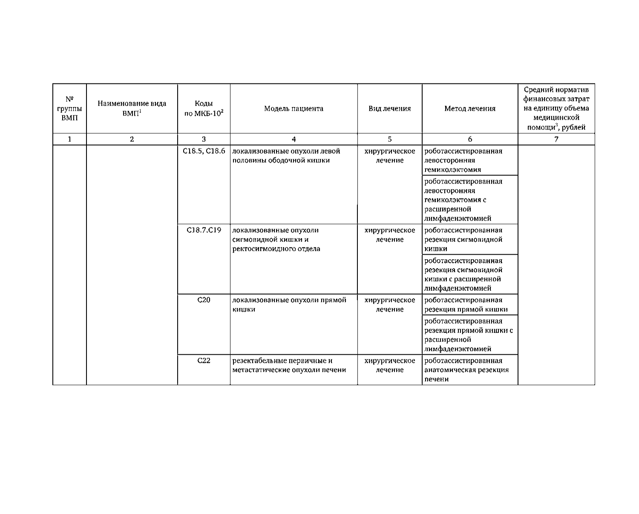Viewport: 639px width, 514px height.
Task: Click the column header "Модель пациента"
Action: point(294,109)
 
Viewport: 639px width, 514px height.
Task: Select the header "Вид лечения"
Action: point(389,109)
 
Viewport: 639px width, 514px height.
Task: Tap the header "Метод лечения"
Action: point(470,109)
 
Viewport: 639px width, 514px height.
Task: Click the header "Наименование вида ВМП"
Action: point(132,109)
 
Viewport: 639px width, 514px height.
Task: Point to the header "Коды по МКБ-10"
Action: point(204,109)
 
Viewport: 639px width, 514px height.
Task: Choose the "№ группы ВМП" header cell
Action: point(69,109)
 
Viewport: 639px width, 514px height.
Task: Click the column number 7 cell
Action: point(556,139)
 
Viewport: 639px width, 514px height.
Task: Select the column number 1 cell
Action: point(69,139)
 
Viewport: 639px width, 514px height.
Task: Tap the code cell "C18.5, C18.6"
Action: point(204,151)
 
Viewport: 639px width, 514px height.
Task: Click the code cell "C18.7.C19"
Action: point(204,230)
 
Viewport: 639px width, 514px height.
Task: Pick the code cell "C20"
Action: point(204,300)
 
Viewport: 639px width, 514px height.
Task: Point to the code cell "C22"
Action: point(204,361)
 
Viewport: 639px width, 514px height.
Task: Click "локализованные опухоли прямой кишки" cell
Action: point(289,305)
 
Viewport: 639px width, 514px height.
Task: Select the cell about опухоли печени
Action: point(289,365)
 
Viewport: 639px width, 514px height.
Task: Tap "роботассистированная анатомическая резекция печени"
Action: point(466,370)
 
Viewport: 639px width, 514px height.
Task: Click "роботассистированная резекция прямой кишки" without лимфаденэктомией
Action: point(466,305)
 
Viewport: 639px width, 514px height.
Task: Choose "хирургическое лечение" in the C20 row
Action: point(389,305)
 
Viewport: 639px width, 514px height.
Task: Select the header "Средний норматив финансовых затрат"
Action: point(556,109)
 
